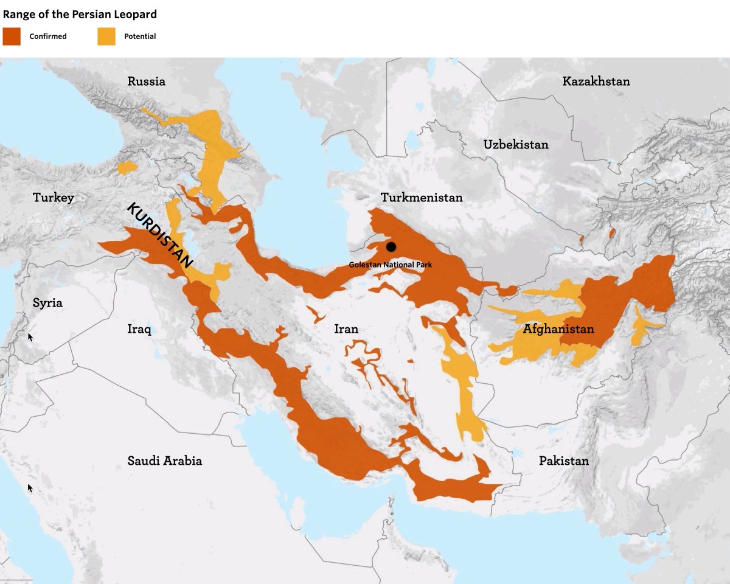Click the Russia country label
click(146, 81)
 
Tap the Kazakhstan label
click(596, 81)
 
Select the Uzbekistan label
click(515, 144)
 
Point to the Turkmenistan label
click(421, 197)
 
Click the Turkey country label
click(54, 197)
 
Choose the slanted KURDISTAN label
click(159, 235)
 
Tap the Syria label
click(47, 302)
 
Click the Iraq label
click(139, 329)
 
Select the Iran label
click(346, 329)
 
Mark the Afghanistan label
click(558, 329)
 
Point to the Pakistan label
click(563, 461)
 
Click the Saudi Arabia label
click(164, 461)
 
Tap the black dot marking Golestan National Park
click(391, 247)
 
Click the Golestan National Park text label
click(390, 265)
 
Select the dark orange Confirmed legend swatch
click(12, 36)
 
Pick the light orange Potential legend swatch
click(106, 36)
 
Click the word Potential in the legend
click(140, 36)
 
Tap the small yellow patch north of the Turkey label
click(128, 168)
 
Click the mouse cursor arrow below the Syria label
click(30, 336)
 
